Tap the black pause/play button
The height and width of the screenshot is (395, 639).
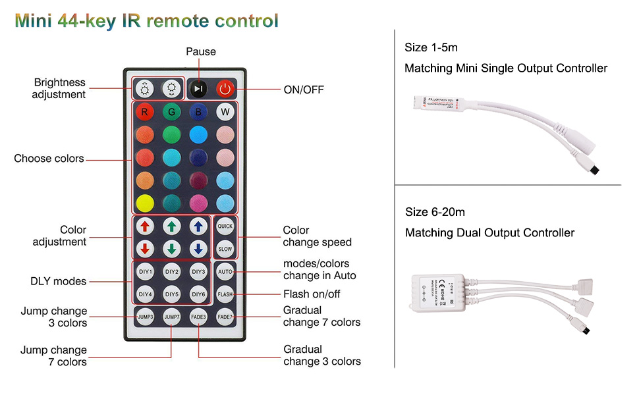point(198,89)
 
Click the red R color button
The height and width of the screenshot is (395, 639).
point(145,112)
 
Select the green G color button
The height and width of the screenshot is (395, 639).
point(172,112)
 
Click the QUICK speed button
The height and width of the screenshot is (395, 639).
point(225,225)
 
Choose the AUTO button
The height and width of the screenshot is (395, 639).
point(225,271)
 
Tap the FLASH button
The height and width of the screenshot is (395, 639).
point(225,294)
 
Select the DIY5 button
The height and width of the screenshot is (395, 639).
point(172,294)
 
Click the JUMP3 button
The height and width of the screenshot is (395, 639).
point(145,317)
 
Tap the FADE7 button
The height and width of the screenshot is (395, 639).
point(225,317)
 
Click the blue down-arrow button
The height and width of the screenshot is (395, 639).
point(198,250)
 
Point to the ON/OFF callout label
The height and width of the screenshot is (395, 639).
point(303,90)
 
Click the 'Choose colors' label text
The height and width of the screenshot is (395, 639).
point(49,159)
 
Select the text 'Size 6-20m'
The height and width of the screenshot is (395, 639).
point(435,212)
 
